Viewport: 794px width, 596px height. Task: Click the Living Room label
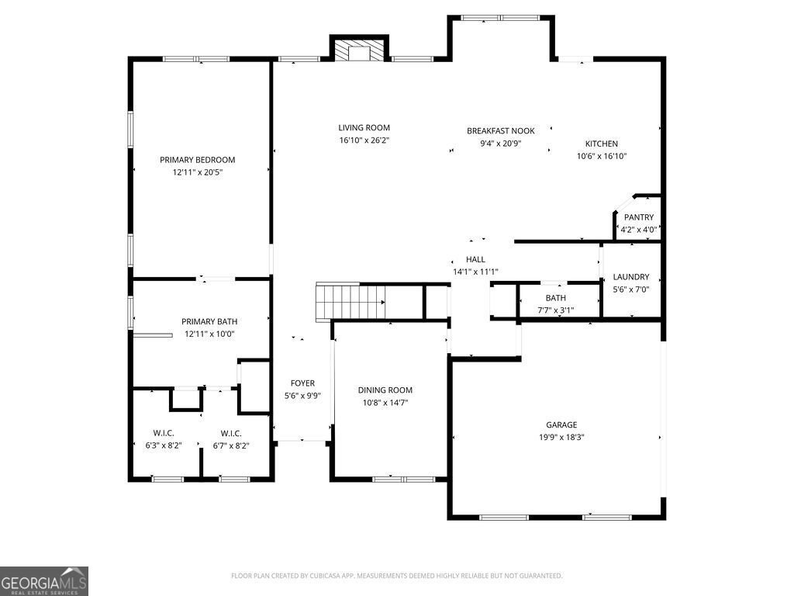364,128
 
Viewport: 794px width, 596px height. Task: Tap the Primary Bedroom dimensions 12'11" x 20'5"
197,173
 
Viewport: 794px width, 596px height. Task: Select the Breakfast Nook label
500,131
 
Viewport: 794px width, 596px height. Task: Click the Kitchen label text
601,144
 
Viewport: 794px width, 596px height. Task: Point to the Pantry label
639,217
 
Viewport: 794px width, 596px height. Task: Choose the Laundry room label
630,277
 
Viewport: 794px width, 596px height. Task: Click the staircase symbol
350,302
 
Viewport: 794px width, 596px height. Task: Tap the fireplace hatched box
358,50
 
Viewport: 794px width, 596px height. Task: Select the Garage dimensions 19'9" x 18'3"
561,438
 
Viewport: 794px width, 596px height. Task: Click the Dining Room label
385,390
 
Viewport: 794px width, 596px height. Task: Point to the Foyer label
302,383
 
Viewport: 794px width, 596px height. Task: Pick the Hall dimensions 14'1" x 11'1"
475,272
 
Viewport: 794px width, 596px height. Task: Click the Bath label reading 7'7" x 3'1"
555,310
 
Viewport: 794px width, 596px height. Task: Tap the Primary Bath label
209,321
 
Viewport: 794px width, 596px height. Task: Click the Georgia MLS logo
44,581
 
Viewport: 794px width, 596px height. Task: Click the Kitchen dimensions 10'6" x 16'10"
601,156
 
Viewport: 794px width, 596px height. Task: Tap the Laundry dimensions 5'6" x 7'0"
630,289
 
